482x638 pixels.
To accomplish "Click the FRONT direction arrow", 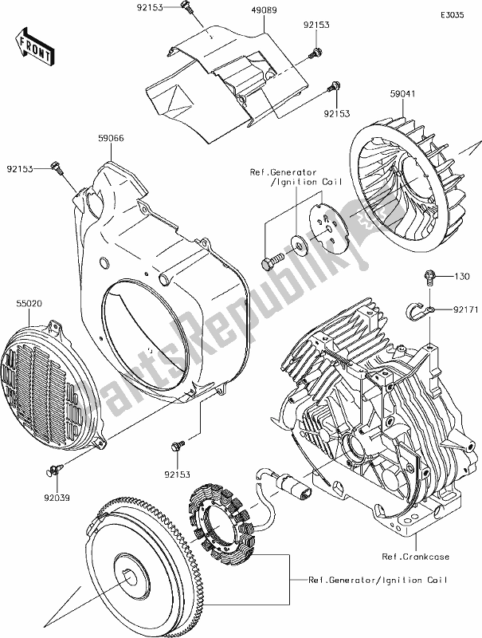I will [x=36, y=46].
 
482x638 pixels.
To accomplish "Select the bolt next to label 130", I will [x=429, y=278].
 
